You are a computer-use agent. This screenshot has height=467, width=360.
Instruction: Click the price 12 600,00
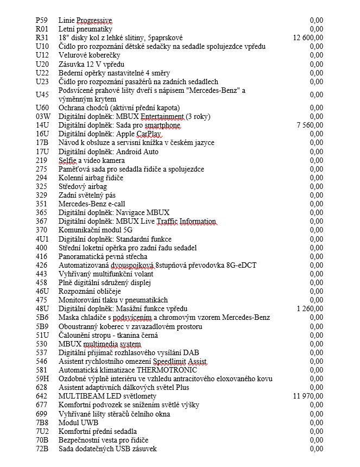pyautogui.click(x=308, y=38)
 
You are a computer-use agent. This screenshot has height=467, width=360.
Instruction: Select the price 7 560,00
pyautogui.click(x=310, y=125)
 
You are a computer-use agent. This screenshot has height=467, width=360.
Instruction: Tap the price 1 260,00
pyautogui.click(x=310, y=309)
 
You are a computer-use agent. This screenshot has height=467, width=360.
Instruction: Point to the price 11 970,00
pyautogui.click(x=308, y=396)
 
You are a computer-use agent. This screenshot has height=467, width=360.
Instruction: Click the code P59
pyautogui.click(x=42, y=21)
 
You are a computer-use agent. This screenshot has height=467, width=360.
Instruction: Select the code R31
pyautogui.click(x=42, y=38)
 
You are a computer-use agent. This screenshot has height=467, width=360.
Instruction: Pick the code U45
pyautogui.click(x=42, y=95)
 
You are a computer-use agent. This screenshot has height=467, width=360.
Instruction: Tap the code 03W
pyautogui.click(x=43, y=117)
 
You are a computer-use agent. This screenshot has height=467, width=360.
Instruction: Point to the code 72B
pyautogui.click(x=42, y=449)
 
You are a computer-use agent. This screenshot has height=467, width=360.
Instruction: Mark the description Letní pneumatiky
pyautogui.click(x=85, y=29)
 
